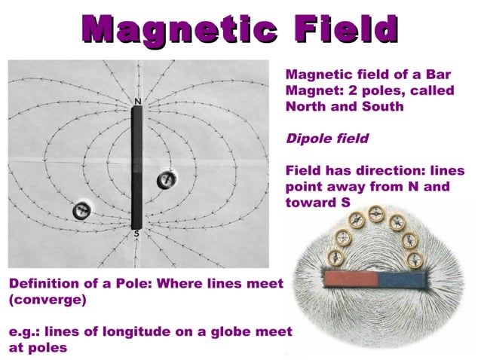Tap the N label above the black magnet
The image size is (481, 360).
136,100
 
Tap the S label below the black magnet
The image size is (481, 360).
136,234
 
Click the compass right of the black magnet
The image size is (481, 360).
167,180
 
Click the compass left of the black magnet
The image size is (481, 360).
81,211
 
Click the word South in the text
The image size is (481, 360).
380,107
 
